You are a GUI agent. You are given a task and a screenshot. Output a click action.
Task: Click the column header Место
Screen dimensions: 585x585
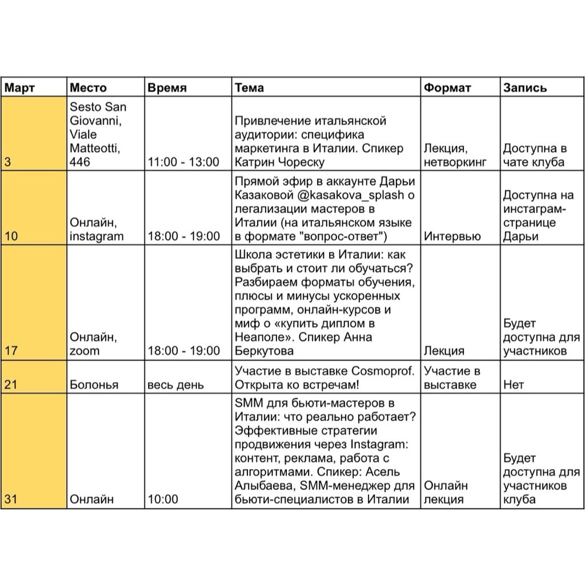tap(88, 87)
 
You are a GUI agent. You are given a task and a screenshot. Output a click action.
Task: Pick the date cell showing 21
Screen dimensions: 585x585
tap(10, 384)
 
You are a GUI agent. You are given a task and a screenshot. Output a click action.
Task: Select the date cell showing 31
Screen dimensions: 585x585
tap(10, 499)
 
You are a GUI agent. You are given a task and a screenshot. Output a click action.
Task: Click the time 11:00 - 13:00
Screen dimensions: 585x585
tap(183, 162)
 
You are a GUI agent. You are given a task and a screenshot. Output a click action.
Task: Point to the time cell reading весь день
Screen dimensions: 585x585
tap(175, 384)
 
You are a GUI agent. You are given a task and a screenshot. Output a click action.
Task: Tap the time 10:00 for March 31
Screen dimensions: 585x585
tap(163, 499)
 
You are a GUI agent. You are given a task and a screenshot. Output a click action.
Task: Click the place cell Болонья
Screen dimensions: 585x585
tap(94, 384)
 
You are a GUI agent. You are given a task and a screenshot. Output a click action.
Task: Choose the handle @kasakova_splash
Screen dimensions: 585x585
tap(350, 195)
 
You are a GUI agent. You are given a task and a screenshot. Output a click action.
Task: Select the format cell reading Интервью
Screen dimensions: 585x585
tap(452, 236)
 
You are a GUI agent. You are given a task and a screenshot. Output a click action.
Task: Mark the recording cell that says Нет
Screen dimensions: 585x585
tap(513, 384)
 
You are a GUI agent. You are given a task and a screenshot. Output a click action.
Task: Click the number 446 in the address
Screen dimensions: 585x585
tap(80, 162)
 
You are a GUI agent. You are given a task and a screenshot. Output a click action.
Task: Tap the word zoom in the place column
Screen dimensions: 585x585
tap(85, 351)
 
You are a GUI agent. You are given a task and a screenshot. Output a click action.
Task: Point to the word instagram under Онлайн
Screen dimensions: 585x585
tap(97, 236)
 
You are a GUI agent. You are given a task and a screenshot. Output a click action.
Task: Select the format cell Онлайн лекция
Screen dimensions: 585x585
tap(446, 492)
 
